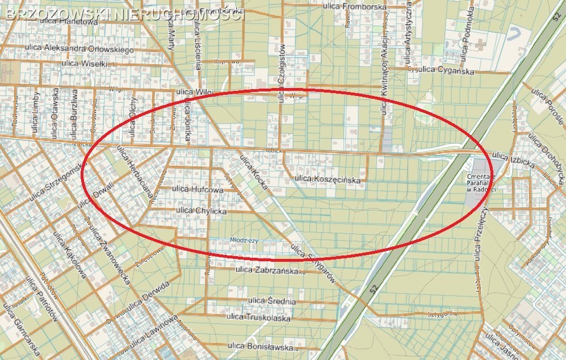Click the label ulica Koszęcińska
(328, 180)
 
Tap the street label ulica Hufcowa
(198, 189)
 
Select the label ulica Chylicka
(202, 211)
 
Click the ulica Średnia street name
(272, 301)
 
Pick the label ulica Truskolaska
(258, 318)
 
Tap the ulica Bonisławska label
(260, 345)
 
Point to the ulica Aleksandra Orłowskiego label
(79, 49)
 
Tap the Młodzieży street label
(245, 240)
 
